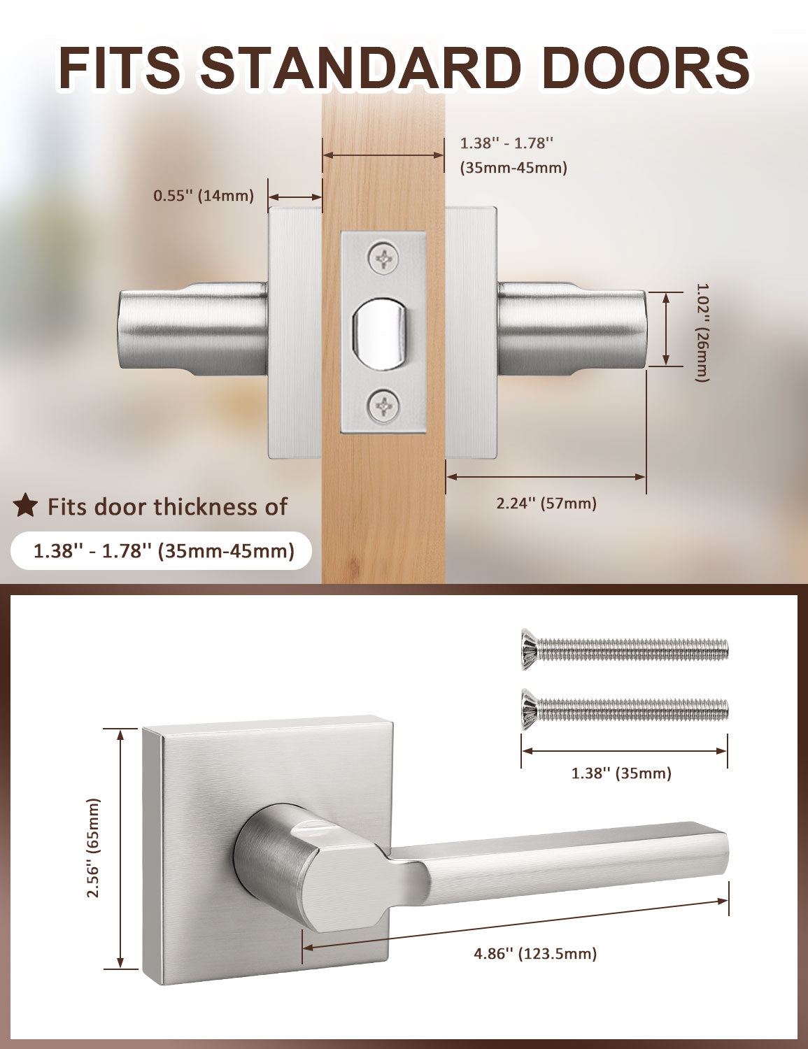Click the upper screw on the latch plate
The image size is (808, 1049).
point(384,259)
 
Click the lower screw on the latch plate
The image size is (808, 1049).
point(384,406)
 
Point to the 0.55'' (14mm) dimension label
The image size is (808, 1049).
point(204,195)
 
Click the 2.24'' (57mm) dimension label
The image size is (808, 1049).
point(546,503)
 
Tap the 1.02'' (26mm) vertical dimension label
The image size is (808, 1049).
point(702,331)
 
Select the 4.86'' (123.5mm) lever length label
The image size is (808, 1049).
point(535,953)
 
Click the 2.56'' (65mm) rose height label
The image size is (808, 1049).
point(94,848)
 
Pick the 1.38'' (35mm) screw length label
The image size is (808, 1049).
point(621,773)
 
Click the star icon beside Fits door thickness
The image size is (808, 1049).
point(26,505)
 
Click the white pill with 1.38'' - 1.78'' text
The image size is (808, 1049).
point(161,551)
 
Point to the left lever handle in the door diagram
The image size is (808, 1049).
point(192,329)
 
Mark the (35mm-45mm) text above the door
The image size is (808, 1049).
point(513,168)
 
